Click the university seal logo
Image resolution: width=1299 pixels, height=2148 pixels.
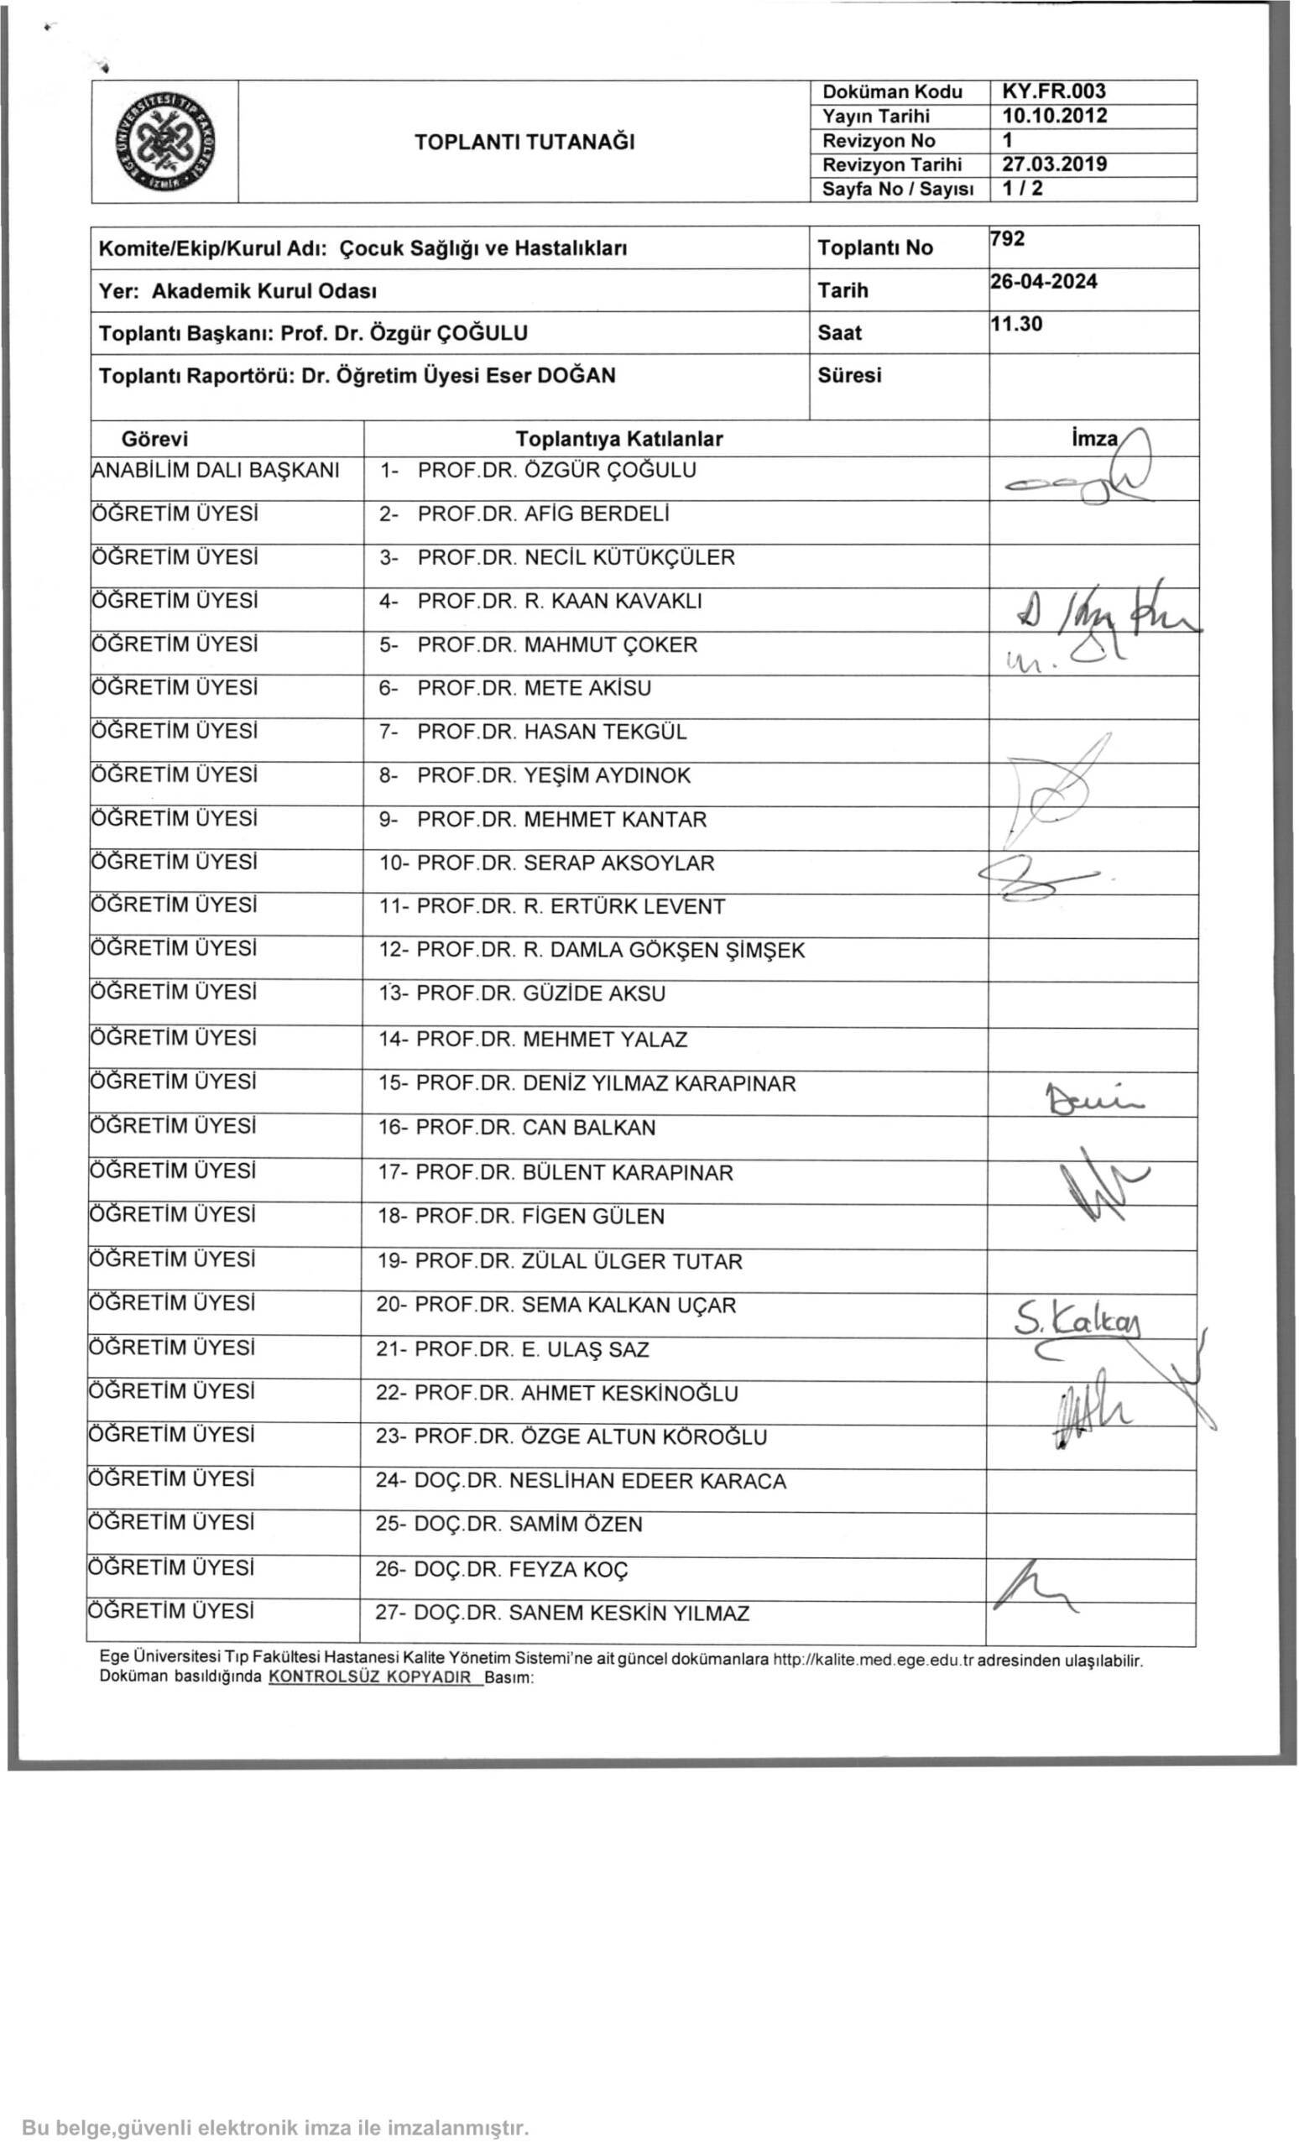pyautogui.click(x=164, y=142)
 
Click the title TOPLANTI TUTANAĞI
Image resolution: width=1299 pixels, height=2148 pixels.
pyautogui.click(x=524, y=142)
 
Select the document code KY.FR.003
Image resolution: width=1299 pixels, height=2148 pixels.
pyautogui.click(x=1053, y=91)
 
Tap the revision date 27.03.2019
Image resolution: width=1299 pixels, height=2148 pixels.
pyautogui.click(x=1053, y=164)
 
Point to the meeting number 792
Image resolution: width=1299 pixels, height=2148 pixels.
pyautogui.click(x=1008, y=239)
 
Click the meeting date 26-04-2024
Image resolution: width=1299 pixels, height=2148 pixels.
pyautogui.click(x=1044, y=282)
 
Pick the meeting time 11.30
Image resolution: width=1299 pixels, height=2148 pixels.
pyautogui.click(x=1016, y=324)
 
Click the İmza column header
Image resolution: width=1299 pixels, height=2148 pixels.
pyautogui.click(x=1094, y=440)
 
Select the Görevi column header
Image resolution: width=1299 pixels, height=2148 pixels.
pyautogui.click(x=154, y=440)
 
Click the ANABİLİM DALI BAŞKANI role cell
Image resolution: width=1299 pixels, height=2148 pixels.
pyautogui.click(x=216, y=471)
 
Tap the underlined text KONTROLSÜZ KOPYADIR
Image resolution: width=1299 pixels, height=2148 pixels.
pyautogui.click(x=371, y=1676)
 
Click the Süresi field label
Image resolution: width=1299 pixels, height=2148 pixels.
pyautogui.click(x=849, y=376)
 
